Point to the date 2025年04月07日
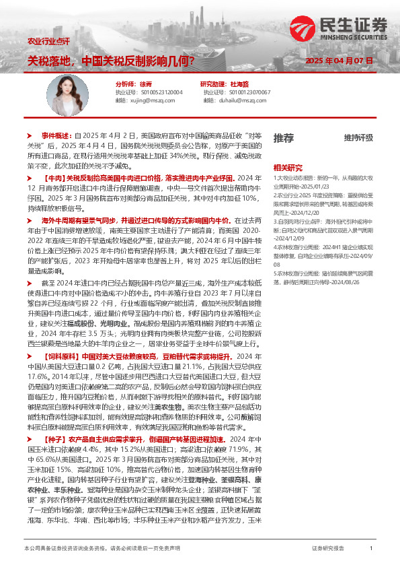(338, 61)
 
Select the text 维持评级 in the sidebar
(358, 138)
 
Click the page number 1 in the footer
(371, 549)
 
